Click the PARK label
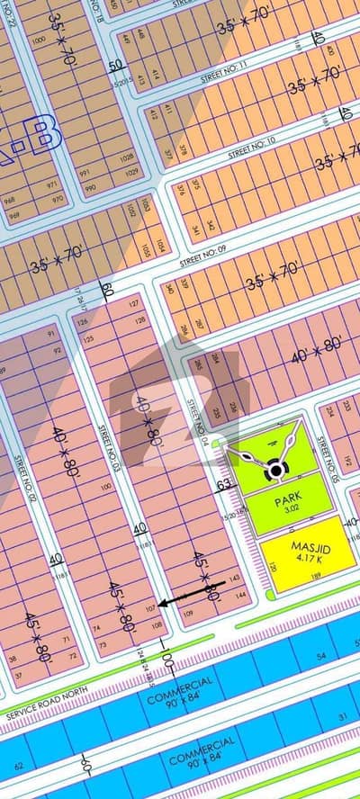(288, 494)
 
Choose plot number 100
(106, 487)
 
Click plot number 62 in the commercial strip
(17, 767)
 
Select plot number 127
(134, 305)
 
